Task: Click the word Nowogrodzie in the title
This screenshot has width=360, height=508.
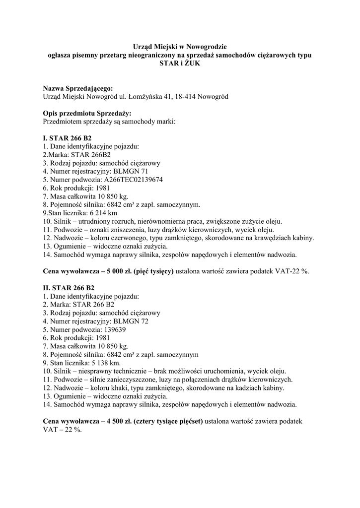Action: coord(203,47)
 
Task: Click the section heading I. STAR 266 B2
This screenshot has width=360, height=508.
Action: coord(67,138)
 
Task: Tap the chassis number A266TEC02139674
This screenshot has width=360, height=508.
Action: coord(133,180)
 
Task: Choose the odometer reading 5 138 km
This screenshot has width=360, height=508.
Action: coord(103,363)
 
